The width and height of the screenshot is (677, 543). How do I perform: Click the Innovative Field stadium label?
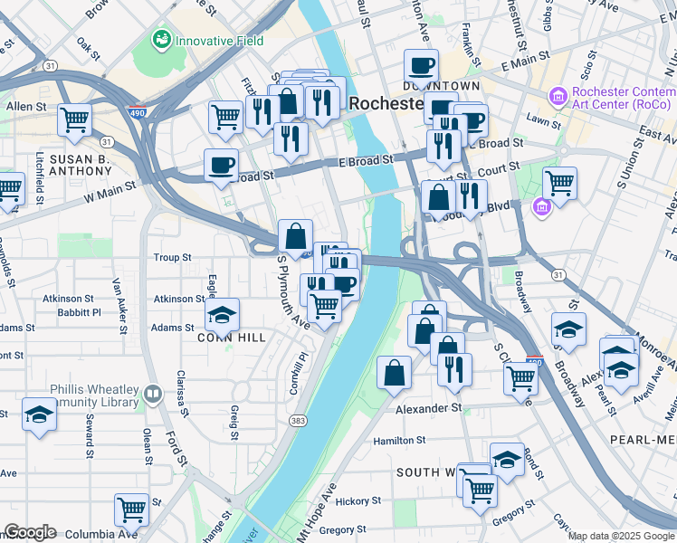219,41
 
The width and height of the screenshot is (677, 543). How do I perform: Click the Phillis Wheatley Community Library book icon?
153,394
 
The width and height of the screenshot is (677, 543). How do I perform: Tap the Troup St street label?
172,257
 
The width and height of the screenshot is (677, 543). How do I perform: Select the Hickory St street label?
358,500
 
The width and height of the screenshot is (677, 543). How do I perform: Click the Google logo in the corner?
29,532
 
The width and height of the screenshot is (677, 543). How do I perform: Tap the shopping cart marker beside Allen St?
74,118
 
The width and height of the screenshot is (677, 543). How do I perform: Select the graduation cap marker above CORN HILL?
222,314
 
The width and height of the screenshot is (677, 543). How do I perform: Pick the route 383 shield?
298,421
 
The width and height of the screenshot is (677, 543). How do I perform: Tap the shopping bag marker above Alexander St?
394,372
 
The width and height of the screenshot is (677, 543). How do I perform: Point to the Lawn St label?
543,119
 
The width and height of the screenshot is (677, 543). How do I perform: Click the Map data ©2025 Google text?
621,536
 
